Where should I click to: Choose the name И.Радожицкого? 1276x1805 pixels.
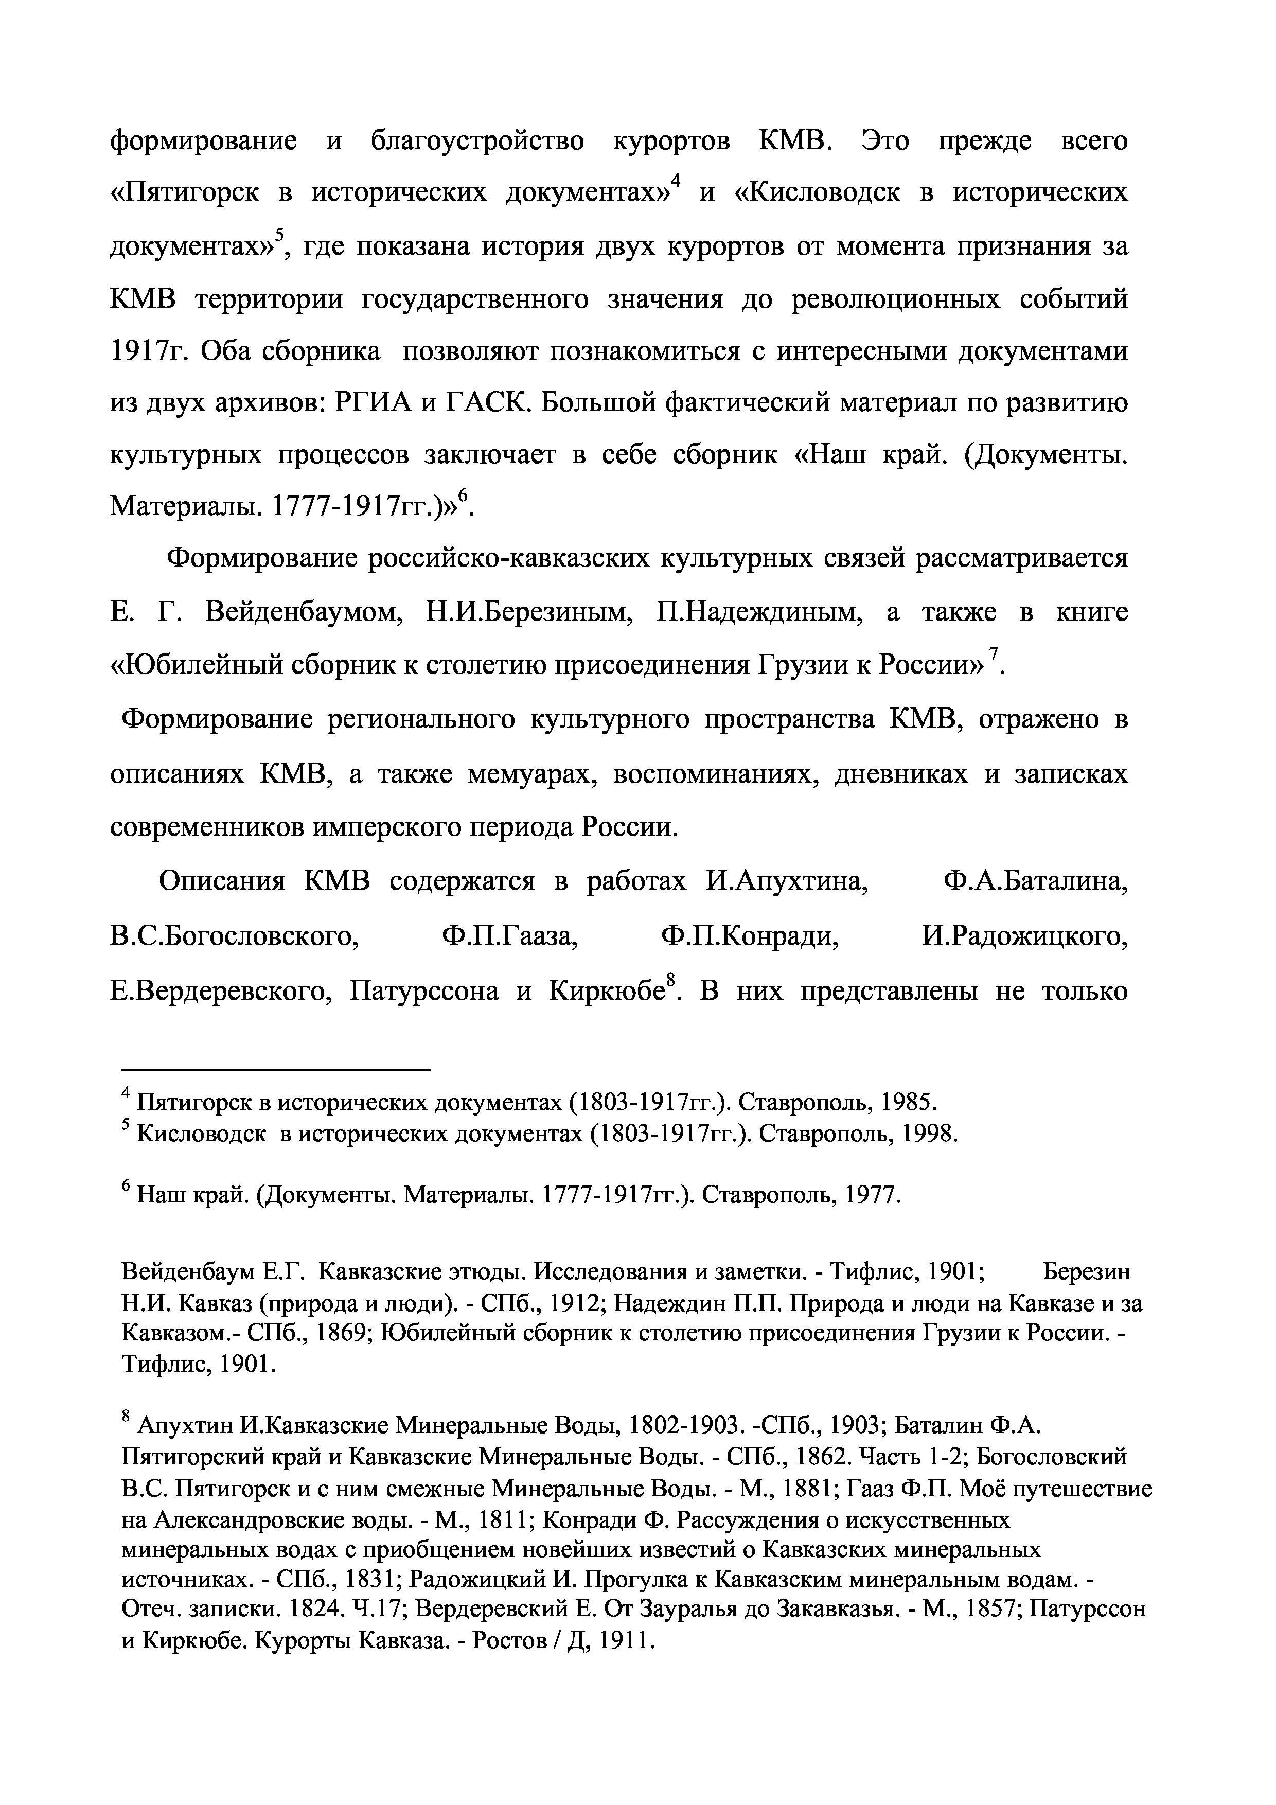click(x=1024, y=937)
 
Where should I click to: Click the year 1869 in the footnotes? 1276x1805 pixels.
click(x=343, y=1334)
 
